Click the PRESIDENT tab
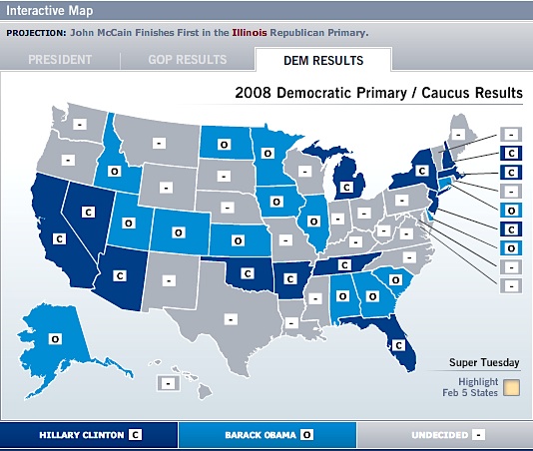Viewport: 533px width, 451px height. tap(60, 59)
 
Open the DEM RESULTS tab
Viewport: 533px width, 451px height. tap(322, 59)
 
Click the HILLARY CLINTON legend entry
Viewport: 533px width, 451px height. tap(90, 435)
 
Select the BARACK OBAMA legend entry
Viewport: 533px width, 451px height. tap(266, 435)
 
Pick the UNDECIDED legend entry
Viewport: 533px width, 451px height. tap(445, 435)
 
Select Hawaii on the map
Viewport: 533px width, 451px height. tap(170, 381)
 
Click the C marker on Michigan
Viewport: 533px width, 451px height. tap(345, 186)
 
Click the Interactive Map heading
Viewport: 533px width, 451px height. tap(49, 11)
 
